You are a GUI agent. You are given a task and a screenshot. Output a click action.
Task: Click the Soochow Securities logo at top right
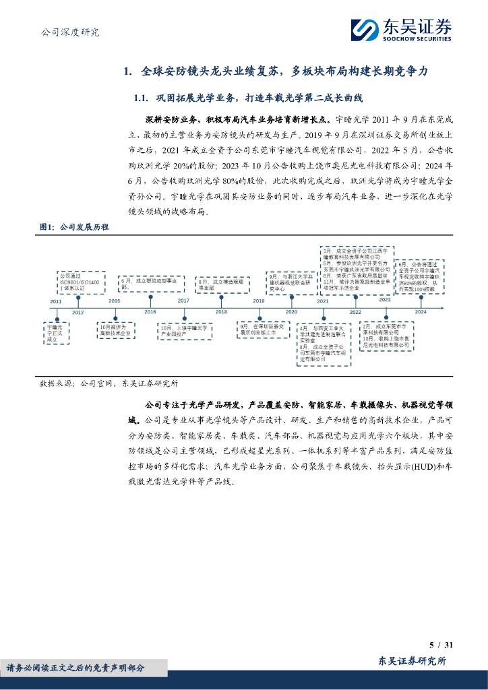pos(400,30)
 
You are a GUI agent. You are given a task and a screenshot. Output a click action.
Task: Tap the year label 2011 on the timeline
pos(55,301)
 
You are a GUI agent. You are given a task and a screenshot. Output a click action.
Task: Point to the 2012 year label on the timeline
pos(78,312)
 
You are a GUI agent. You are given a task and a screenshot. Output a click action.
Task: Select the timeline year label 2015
pos(114,301)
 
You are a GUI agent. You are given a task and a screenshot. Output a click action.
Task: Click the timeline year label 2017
pos(183,301)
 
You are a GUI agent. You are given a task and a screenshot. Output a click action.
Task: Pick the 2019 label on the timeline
pos(259,301)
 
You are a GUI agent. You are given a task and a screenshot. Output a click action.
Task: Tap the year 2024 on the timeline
pos(421,312)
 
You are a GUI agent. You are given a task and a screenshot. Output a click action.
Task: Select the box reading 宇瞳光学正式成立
pos(57,334)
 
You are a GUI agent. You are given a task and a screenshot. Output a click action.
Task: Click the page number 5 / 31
pos(444,646)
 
